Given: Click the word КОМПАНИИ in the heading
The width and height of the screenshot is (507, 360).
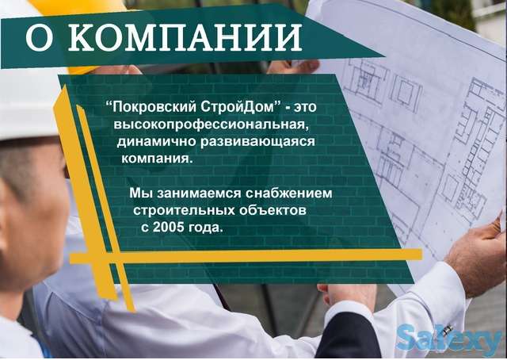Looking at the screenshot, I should (x=185, y=36).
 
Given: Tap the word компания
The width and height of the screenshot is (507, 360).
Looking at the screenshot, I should (x=156, y=159).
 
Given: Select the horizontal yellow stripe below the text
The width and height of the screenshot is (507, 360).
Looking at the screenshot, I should (x=238, y=256).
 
